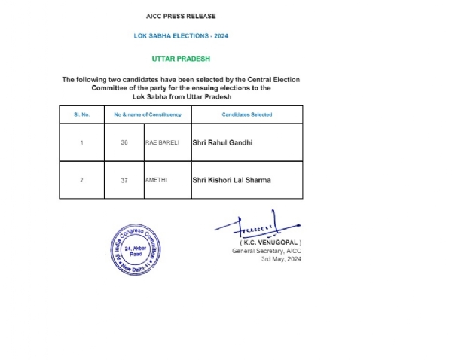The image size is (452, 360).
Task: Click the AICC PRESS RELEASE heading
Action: click(x=180, y=16)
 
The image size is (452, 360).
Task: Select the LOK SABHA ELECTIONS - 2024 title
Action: click(x=180, y=35)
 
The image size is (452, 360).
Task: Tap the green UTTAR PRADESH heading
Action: click(x=180, y=58)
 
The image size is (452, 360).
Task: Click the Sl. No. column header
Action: click(x=81, y=114)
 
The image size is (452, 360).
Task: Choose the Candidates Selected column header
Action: click(x=246, y=114)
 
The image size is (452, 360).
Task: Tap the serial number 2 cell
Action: click(x=81, y=180)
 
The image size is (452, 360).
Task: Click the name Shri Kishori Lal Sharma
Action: click(x=231, y=180)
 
